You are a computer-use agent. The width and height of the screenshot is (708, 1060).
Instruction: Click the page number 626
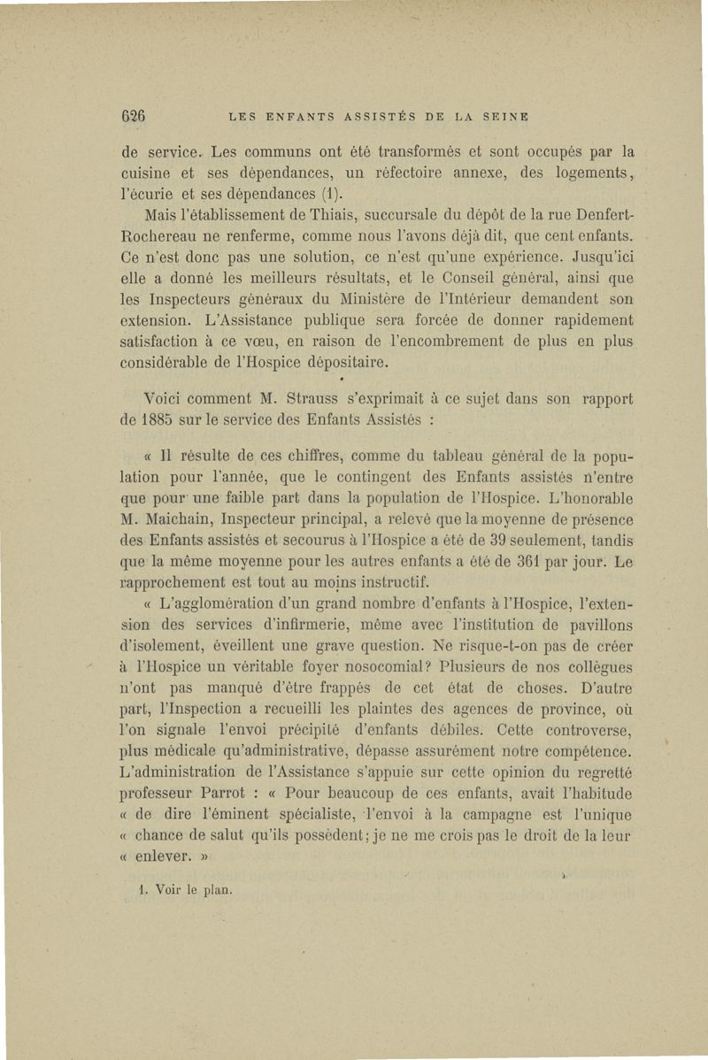134,115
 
